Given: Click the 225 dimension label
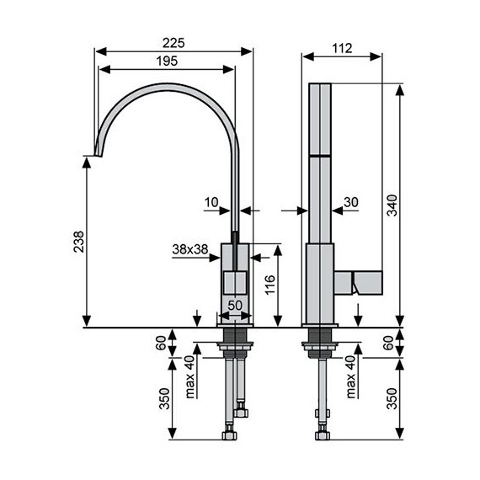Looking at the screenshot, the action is pyautogui.click(x=173, y=43).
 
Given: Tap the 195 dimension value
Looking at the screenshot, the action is pyautogui.click(x=167, y=61).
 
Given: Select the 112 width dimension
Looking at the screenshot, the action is pyautogui.click(x=342, y=48).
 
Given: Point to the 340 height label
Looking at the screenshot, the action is pyautogui.click(x=392, y=205).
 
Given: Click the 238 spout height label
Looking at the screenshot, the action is pyautogui.click(x=78, y=242).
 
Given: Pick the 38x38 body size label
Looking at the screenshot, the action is pyautogui.click(x=190, y=249).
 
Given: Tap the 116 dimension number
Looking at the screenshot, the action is pyautogui.click(x=270, y=285).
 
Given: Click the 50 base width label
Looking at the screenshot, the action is pyautogui.click(x=235, y=305).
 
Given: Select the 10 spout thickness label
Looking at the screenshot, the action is pyautogui.click(x=211, y=202).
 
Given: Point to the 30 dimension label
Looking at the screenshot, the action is pyautogui.click(x=351, y=202).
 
